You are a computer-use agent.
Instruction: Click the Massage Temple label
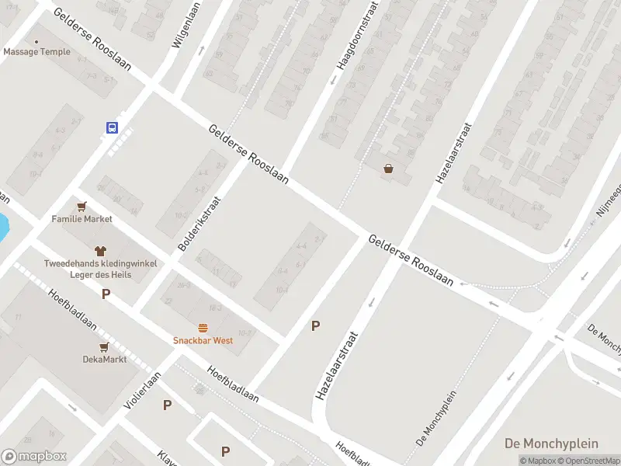(36, 52)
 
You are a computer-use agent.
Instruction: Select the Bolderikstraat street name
(200, 223)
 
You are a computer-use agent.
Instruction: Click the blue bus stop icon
(113, 127)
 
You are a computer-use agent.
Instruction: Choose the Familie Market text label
(82, 219)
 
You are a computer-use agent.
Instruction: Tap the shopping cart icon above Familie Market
(82, 207)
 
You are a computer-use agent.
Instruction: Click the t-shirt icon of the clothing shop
(100, 250)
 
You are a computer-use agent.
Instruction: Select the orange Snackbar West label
(203, 340)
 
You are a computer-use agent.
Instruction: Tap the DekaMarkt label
(104, 359)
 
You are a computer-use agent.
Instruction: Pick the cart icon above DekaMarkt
(104, 346)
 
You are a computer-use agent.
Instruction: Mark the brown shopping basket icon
(388, 169)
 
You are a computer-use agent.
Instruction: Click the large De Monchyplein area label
(551, 443)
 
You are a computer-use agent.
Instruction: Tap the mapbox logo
(34, 457)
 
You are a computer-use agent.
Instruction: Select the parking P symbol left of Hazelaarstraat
(315, 326)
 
